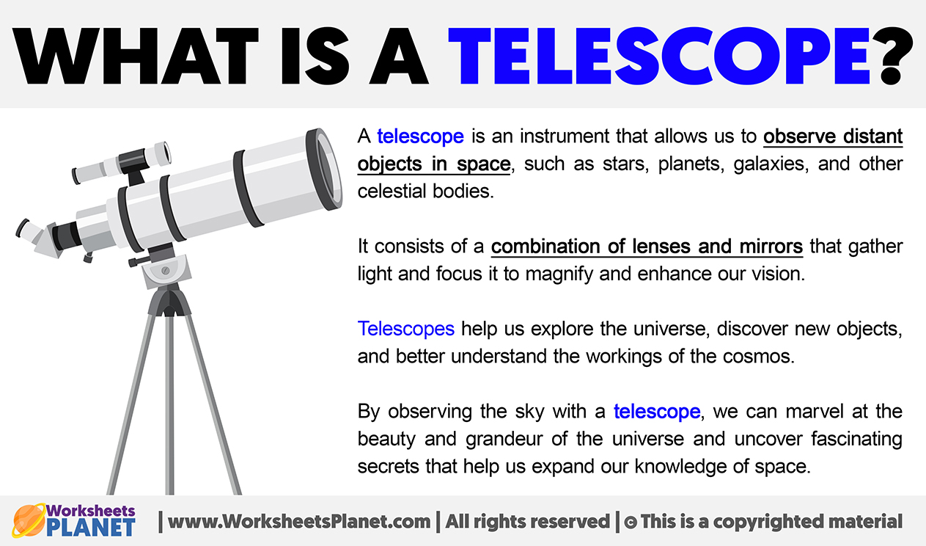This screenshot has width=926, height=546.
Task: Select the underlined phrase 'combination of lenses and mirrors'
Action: coord(647,247)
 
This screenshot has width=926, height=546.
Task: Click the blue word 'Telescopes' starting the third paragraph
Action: coord(406,328)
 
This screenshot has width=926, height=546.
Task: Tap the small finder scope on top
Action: coord(122,164)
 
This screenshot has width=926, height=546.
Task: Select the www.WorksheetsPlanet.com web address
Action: coord(299,522)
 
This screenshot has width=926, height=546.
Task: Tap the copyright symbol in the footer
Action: coord(629,523)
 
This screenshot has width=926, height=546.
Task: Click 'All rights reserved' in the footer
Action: coord(528,522)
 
